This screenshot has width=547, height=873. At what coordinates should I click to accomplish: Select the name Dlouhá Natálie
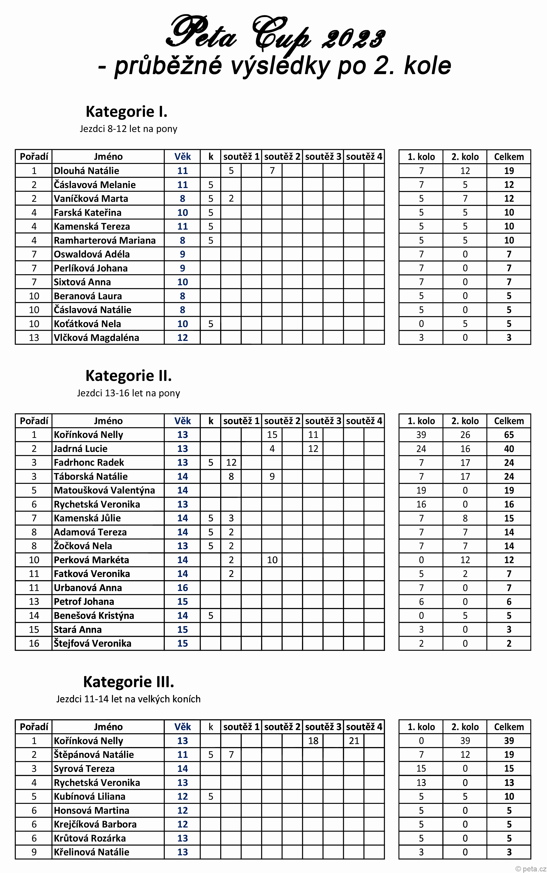(86, 171)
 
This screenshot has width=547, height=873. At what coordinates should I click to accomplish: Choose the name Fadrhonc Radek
(89, 462)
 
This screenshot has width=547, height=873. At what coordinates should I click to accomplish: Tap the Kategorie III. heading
(128, 682)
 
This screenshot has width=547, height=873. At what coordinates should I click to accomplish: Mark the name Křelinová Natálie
(91, 852)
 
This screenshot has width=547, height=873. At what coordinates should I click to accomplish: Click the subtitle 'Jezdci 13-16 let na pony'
(128, 393)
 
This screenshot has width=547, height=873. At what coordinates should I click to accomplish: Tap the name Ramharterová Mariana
(105, 240)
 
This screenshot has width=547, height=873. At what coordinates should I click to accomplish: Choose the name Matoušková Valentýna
(104, 490)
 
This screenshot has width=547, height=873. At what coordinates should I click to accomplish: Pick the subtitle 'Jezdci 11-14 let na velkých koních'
(128, 699)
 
